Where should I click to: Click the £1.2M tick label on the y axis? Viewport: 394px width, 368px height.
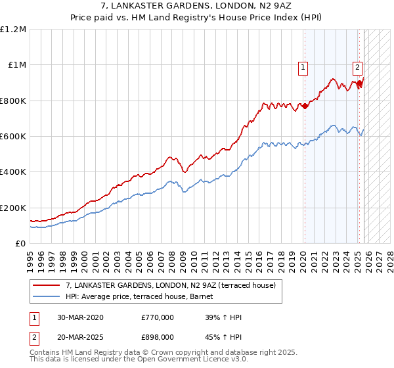14,30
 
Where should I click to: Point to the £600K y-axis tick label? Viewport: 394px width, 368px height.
13,137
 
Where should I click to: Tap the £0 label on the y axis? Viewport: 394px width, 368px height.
20,243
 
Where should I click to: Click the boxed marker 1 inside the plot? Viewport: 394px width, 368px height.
303,66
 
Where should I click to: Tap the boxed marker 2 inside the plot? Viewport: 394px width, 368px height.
357,66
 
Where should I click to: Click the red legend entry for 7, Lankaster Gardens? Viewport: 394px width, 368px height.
175,285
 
